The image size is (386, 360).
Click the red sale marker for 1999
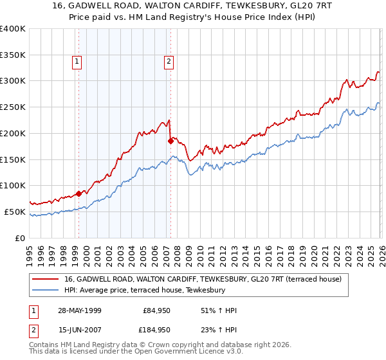point(78,193)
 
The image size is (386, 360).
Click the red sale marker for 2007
point(170,140)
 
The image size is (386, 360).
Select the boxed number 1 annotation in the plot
point(77,62)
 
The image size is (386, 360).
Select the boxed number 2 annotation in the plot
point(168,62)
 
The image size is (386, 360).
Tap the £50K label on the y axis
point(15,212)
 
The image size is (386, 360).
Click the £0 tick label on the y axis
point(21,238)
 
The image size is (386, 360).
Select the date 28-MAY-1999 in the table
point(80,310)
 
